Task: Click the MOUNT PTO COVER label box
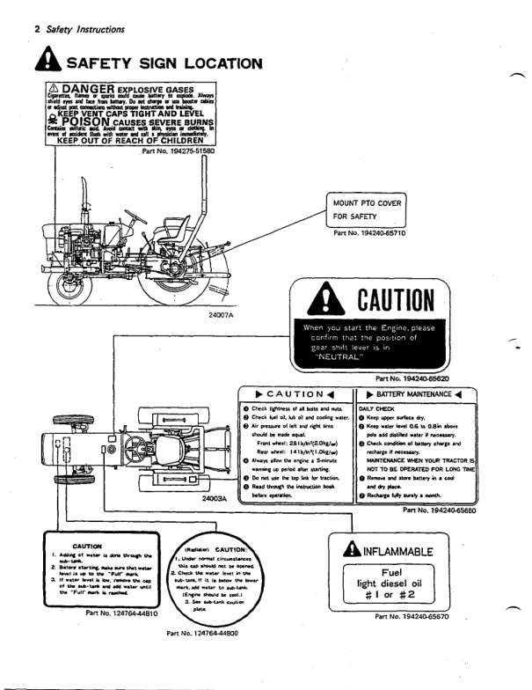point(370,209)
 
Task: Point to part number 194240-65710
point(369,234)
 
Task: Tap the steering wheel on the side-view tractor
point(135,216)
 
